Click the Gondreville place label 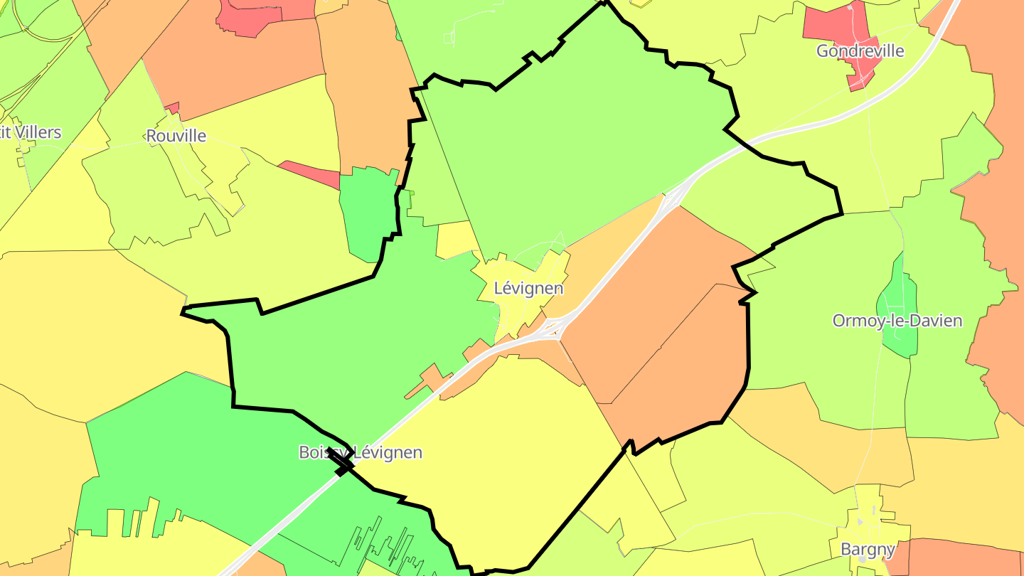tap(860, 51)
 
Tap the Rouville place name tap(176, 136)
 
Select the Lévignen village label tap(528, 289)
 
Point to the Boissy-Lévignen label tap(361, 452)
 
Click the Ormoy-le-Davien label tap(897, 321)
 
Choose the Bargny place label tap(868, 549)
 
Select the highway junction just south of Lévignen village tap(552, 329)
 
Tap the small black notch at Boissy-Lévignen tap(343, 468)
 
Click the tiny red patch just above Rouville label tap(172, 108)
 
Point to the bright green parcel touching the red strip tap(367, 213)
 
